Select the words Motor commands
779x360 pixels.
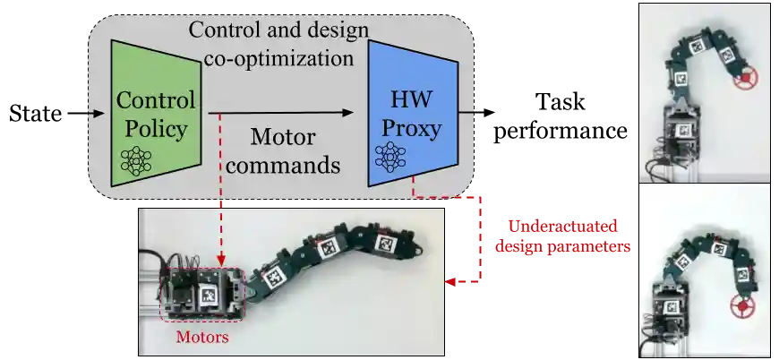(x=283, y=151)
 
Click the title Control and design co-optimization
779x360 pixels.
(x=278, y=44)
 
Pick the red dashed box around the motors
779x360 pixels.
(x=201, y=293)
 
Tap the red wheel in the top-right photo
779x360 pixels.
(x=743, y=81)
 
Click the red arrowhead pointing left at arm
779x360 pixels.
(x=449, y=282)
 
